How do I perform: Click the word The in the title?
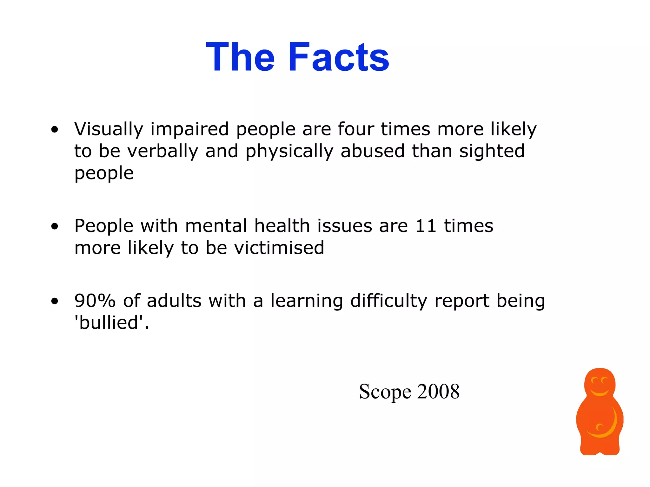click(240, 57)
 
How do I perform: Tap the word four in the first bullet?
click(356, 129)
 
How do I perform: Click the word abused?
click(373, 151)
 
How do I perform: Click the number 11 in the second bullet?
click(426, 226)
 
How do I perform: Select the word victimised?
click(279, 248)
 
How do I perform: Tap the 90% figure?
click(95, 301)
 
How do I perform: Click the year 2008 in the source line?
click(438, 391)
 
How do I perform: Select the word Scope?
click(385, 392)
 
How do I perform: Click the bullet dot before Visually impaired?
click(55, 130)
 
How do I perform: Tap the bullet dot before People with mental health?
click(55, 226)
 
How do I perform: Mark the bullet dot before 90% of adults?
click(55, 301)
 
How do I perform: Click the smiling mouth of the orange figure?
click(600, 393)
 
